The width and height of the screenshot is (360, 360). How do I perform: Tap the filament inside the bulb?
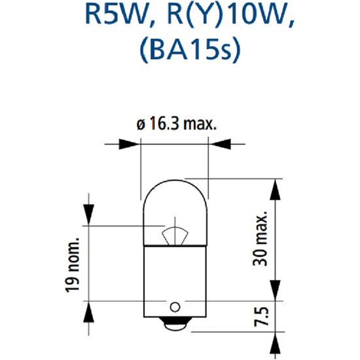point(175,232)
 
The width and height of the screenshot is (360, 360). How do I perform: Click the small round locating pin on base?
point(174,306)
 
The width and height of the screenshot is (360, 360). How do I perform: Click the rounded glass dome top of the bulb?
point(175,196)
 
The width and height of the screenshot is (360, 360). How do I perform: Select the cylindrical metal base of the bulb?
point(175,275)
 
